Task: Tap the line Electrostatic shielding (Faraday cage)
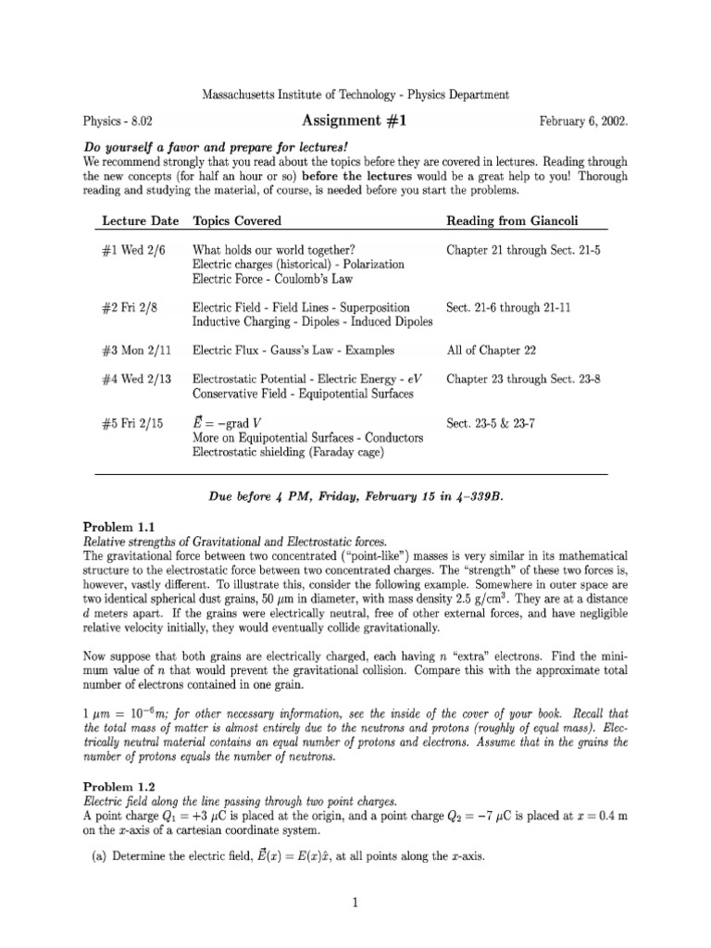[x=287, y=452]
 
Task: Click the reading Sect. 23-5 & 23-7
[x=495, y=423]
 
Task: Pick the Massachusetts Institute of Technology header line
[x=355, y=94]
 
